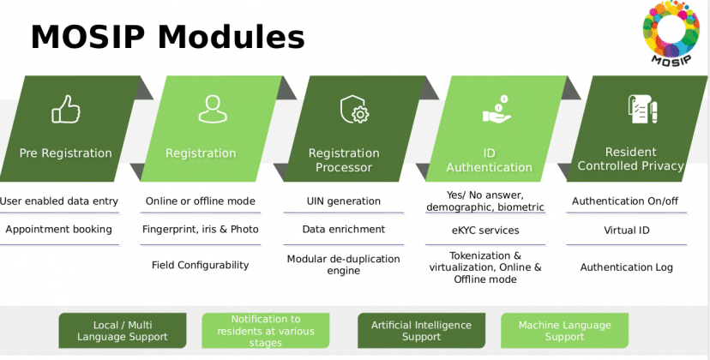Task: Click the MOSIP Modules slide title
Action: [167, 37]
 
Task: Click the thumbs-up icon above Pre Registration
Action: [66, 109]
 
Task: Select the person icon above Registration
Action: [212, 109]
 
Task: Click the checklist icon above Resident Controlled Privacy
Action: [641, 110]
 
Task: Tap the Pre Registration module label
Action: [66, 153]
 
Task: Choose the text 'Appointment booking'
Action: [58, 230]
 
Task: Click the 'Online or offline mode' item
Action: [200, 201]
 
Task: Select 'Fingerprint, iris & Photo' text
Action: [200, 230]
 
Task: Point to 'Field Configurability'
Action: [200, 265]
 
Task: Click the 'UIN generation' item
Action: [343, 201]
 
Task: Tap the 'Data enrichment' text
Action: [343, 230]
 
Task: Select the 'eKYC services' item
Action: [484, 231]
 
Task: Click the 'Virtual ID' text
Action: [626, 231]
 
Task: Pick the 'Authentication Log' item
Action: [626, 267]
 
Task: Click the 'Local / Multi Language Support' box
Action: [122, 331]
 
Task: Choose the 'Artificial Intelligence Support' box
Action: [421, 331]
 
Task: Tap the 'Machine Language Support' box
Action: [564, 331]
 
